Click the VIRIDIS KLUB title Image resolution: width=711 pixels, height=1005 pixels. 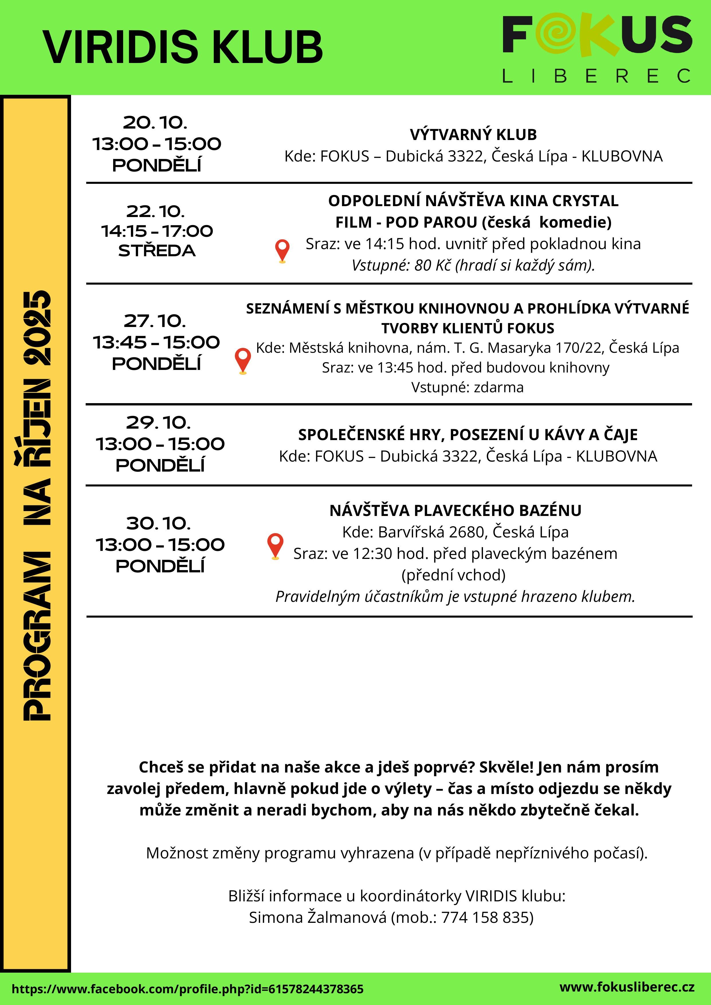pos(182,47)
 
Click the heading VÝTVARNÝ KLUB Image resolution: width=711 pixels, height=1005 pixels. pos(473,134)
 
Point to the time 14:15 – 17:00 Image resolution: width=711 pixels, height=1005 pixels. pos(157,231)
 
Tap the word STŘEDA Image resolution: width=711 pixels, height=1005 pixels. pos(157,251)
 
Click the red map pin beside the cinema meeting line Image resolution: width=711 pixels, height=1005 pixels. pos(282,250)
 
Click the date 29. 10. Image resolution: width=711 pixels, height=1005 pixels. pos(158,422)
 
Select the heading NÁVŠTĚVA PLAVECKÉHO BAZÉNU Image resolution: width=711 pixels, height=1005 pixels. pos(455,511)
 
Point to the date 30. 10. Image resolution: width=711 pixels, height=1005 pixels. pos(158,523)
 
